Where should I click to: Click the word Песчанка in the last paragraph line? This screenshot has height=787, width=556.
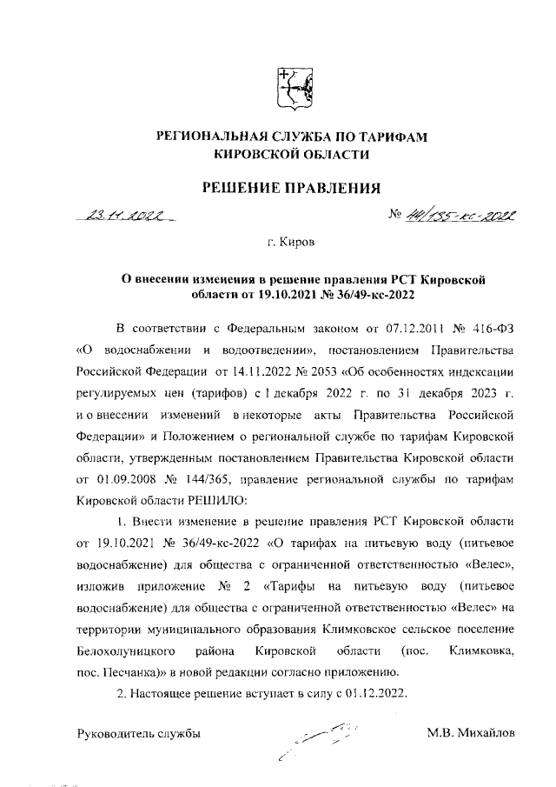click(x=129, y=670)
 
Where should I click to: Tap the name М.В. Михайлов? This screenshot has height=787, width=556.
click(x=471, y=733)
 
